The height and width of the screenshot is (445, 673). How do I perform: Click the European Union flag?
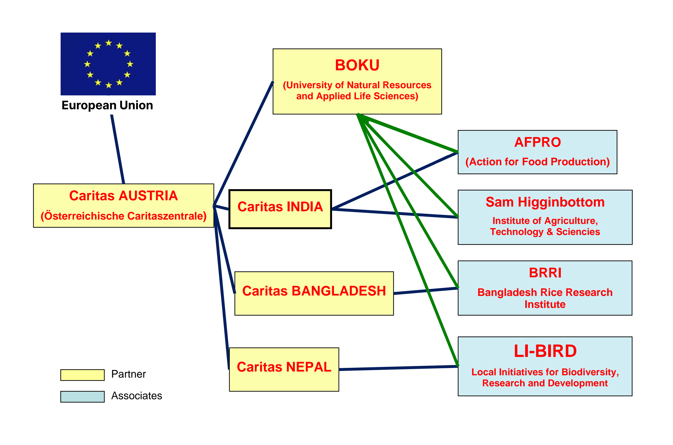(x=108, y=64)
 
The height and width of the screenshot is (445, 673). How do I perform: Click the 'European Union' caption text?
(x=107, y=105)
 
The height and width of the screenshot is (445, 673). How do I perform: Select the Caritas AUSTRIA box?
(x=123, y=205)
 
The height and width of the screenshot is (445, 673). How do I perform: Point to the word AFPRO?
(x=537, y=142)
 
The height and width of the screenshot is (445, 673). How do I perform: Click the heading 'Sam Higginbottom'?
(x=545, y=202)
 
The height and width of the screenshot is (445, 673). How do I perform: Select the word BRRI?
(x=545, y=273)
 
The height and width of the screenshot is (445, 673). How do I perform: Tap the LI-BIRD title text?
(x=545, y=351)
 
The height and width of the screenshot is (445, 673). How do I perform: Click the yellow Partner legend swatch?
(x=82, y=375)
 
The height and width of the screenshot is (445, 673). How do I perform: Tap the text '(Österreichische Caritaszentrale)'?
(x=123, y=216)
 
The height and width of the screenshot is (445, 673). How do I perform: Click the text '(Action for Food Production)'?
(x=537, y=162)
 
